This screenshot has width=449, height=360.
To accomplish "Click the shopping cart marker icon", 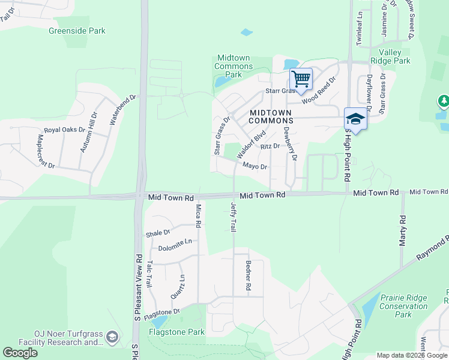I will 301,79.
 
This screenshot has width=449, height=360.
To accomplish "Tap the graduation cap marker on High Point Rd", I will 355,119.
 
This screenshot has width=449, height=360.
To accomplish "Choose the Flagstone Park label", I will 177,332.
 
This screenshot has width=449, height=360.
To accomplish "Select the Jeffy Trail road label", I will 234,217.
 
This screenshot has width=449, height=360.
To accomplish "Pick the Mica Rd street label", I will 198,216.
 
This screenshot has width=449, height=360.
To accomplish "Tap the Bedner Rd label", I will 247,276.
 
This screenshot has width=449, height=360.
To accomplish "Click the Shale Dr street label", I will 158,233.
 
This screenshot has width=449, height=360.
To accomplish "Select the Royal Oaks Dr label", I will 63,130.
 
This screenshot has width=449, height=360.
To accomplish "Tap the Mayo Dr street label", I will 255,167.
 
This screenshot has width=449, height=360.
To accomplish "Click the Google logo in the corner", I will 20,352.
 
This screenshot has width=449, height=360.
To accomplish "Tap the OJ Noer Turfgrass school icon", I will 112,338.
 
